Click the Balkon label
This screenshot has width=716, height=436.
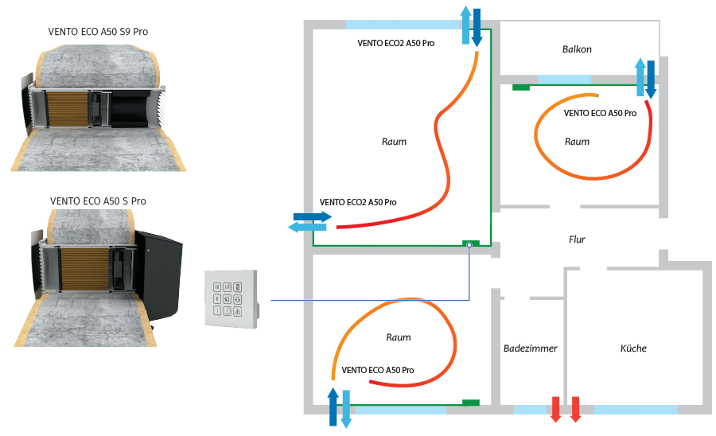tap(577, 49)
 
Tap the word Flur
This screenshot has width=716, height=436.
tap(577, 239)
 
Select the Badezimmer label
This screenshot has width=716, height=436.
tap(530, 348)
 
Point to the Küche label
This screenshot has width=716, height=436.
tap(633, 348)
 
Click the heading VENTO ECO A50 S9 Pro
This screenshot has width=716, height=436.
tap(99, 33)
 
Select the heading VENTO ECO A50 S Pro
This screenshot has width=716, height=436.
tap(99, 201)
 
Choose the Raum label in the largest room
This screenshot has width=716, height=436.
tap(394, 142)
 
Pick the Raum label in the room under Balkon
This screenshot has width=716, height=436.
tap(577, 142)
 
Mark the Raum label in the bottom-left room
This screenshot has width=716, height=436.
tap(398, 337)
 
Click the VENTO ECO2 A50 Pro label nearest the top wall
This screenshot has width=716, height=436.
tap(395, 41)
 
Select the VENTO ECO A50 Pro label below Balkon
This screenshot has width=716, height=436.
tap(600, 114)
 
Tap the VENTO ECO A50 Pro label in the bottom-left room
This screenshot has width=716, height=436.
tap(378, 371)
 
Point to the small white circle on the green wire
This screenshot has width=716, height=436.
tap(469, 245)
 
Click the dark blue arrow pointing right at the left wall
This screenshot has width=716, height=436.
tap(311, 216)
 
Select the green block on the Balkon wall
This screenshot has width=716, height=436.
tap(521, 86)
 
